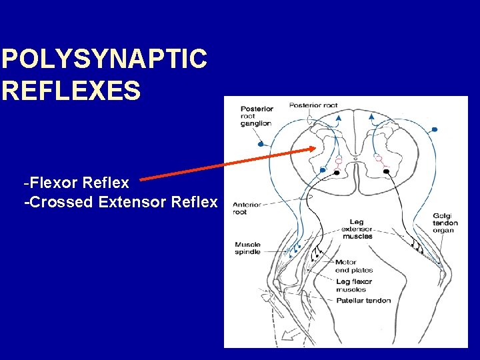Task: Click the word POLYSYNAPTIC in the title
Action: pos(104,60)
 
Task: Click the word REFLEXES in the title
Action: pos(71,90)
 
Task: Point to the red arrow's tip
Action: pos(313,149)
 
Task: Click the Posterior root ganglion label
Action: pos(257,116)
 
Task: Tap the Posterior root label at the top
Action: pos(313,105)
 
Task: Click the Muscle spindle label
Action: pos(247,249)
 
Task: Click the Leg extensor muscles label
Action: pos(357,229)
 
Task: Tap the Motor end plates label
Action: pos(353,266)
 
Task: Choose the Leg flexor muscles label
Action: pos(353,285)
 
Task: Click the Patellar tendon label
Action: pos(363,301)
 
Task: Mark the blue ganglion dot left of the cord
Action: pos(261,144)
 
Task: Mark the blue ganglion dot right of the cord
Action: pos(435,129)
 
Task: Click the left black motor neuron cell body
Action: pos(337,173)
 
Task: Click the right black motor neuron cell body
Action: pos(386,172)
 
